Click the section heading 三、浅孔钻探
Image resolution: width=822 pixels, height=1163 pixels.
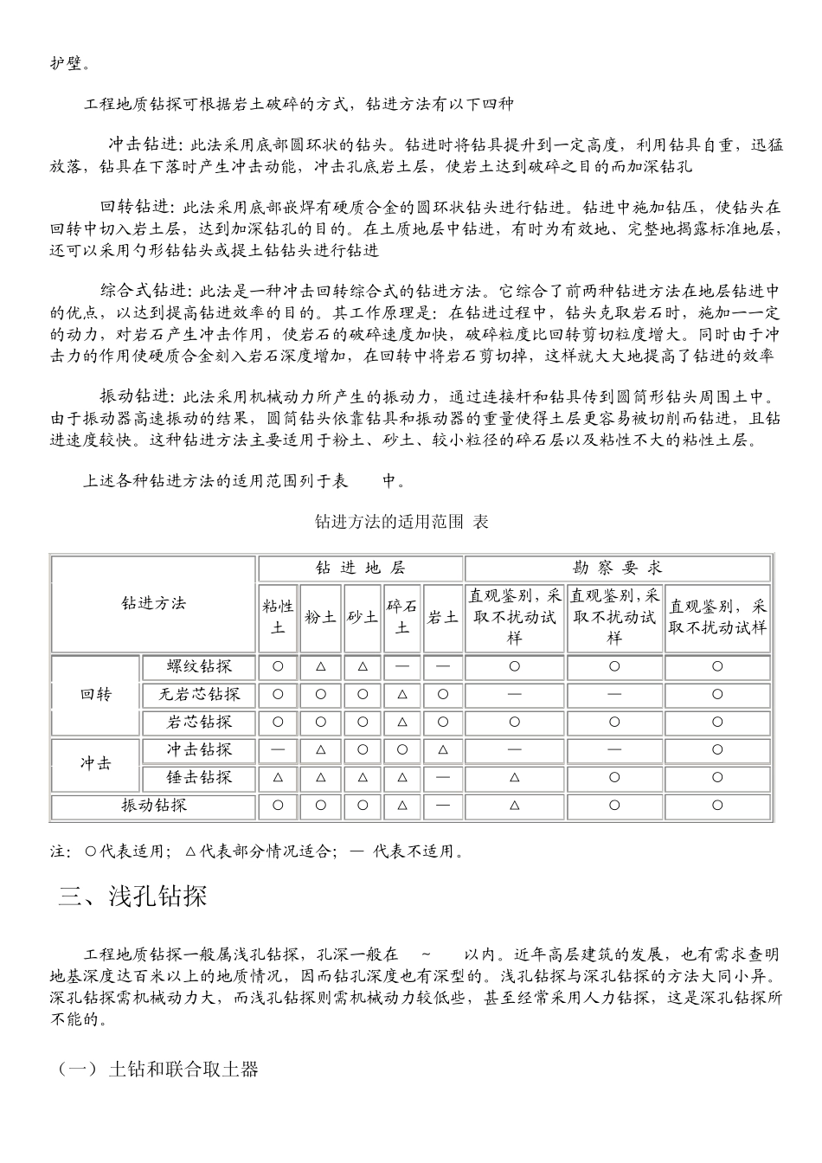pyautogui.click(x=133, y=896)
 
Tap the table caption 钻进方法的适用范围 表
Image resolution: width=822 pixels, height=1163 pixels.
pyautogui.click(x=401, y=522)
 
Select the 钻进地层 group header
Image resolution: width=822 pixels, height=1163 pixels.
pyautogui.click(x=360, y=569)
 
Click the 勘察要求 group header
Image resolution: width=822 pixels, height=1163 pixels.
pyautogui.click(x=618, y=569)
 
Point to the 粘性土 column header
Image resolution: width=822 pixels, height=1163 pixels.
pyautogui.click(x=278, y=617)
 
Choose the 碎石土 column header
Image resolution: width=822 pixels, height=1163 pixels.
pyautogui.click(x=401, y=617)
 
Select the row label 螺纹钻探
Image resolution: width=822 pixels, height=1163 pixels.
pyautogui.click(x=199, y=667)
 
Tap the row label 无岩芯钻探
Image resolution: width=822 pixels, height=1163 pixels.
pyautogui.click(x=199, y=695)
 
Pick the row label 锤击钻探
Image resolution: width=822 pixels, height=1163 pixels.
pyautogui.click(x=199, y=778)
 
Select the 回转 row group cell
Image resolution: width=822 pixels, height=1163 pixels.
pyautogui.click(x=96, y=695)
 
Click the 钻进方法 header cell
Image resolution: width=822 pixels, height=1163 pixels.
pyautogui.click(x=154, y=603)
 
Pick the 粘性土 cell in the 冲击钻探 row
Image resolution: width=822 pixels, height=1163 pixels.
pyautogui.click(x=278, y=750)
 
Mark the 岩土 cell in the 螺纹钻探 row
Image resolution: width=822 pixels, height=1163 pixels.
pyautogui.click(x=443, y=667)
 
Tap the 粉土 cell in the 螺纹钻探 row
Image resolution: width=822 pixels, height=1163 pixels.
pyautogui.click(x=321, y=667)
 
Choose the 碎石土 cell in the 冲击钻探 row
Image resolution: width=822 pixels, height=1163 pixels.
pyautogui.click(x=401, y=750)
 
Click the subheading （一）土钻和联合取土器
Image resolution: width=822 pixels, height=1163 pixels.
pyautogui.click(x=158, y=1070)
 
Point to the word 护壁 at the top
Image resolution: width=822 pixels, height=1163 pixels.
pyautogui.click(x=66, y=62)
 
